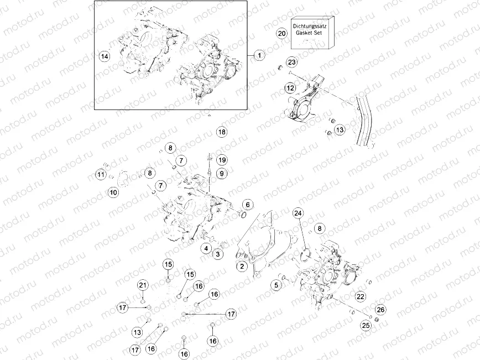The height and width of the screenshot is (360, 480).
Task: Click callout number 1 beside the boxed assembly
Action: pos(260,55)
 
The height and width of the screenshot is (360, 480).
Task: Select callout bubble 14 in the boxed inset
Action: pos(105,56)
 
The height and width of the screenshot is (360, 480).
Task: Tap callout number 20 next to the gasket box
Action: pos(281,33)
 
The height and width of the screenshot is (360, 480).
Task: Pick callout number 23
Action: pos(292,61)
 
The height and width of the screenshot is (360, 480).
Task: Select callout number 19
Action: pos(222,160)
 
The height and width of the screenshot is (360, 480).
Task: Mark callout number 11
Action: pos(100,175)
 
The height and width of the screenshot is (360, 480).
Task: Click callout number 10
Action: pos(113,192)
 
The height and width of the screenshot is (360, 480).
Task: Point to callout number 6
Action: pos(247,205)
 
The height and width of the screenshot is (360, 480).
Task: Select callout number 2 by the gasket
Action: pos(241,267)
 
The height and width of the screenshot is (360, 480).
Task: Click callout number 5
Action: pos(275,285)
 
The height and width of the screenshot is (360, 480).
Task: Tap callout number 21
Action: pos(143,285)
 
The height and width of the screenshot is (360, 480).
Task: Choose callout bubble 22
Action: pos(360,296)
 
